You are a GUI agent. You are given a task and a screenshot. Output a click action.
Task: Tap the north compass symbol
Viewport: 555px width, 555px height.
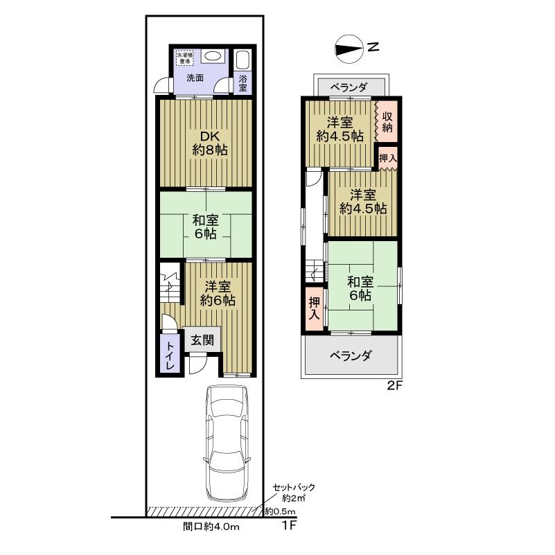pyautogui.click(x=350, y=48)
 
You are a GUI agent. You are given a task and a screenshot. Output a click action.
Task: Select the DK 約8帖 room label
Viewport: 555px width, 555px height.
pyautogui.click(x=205, y=143)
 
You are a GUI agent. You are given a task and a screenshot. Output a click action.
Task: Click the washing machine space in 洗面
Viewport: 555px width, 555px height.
pyautogui.click(x=186, y=57)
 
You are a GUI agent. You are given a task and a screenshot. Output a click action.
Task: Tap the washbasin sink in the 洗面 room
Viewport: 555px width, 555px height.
pyautogui.click(x=215, y=57)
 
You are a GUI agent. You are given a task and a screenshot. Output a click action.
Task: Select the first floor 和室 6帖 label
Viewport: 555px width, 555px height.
pyautogui.click(x=205, y=227)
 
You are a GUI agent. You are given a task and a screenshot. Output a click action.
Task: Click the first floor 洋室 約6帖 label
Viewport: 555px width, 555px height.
pyautogui.click(x=217, y=294)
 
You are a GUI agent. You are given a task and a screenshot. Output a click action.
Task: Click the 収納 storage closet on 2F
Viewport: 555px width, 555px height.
pyautogui.click(x=387, y=122)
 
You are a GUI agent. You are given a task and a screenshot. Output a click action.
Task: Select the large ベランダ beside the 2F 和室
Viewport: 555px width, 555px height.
pyautogui.click(x=351, y=356)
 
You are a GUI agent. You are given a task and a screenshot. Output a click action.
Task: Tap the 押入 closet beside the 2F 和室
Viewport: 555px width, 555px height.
pyautogui.click(x=314, y=309)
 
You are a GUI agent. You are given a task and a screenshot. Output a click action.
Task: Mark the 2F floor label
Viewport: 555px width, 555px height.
pyautogui.click(x=394, y=387)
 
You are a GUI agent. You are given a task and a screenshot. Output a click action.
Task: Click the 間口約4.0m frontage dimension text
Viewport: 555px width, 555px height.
pyautogui.click(x=211, y=528)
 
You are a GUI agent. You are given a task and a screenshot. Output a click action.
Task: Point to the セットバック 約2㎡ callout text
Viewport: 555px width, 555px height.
pyautogui.click(x=290, y=492)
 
